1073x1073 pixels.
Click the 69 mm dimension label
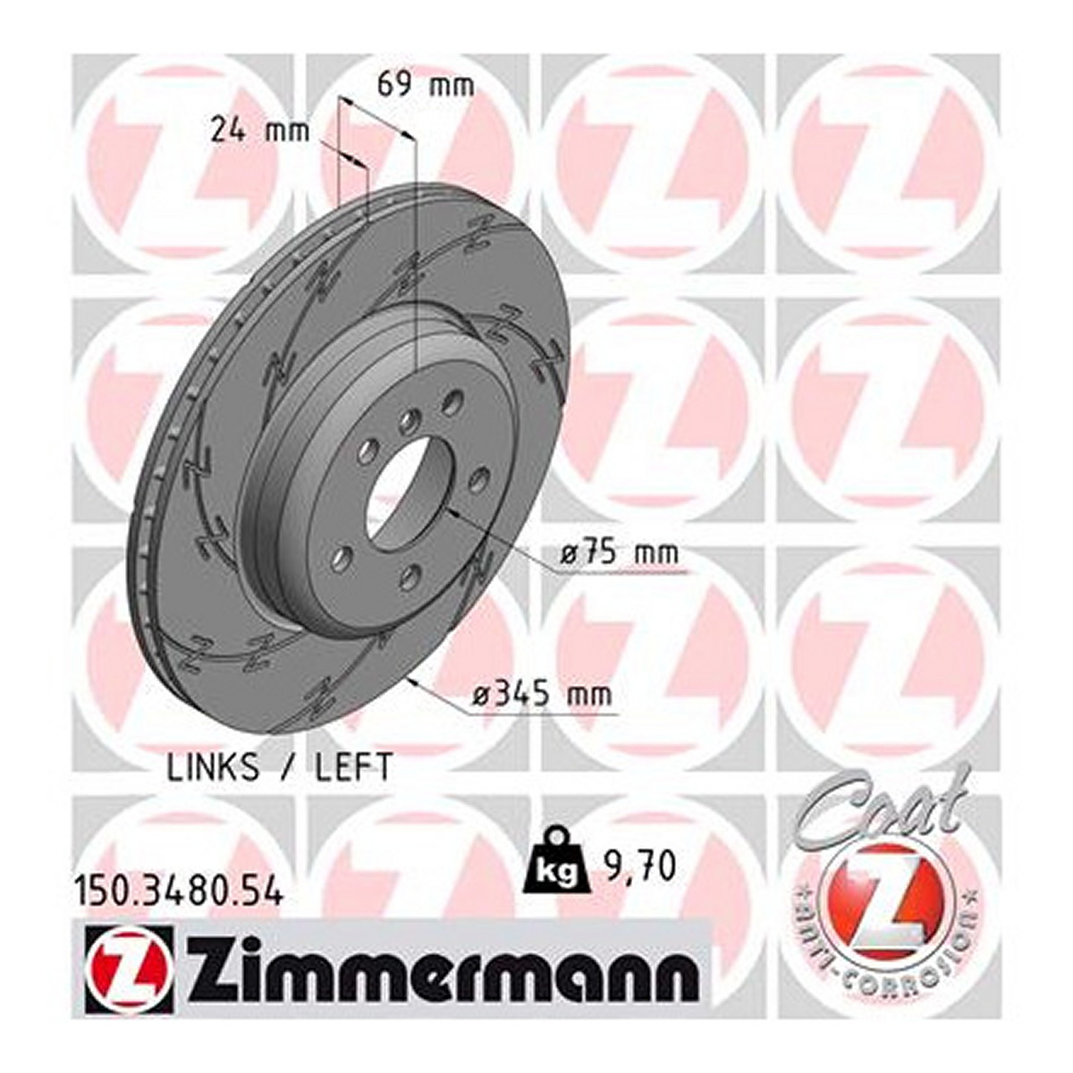click(x=426, y=86)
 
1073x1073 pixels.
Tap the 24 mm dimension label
click(x=260, y=132)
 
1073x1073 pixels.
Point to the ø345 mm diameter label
click(x=543, y=695)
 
